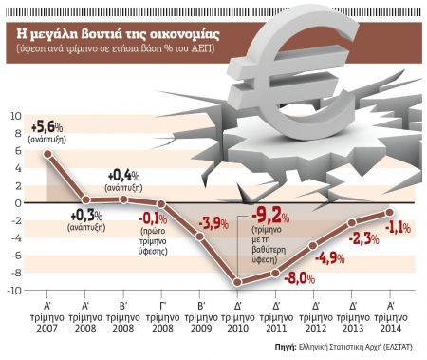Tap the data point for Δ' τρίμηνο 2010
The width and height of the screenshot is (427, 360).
click(238, 283)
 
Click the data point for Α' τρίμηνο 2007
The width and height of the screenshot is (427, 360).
click(47, 153)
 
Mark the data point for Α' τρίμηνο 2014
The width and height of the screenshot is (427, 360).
click(390, 212)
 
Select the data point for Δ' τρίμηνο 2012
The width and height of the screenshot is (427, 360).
click(314, 245)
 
